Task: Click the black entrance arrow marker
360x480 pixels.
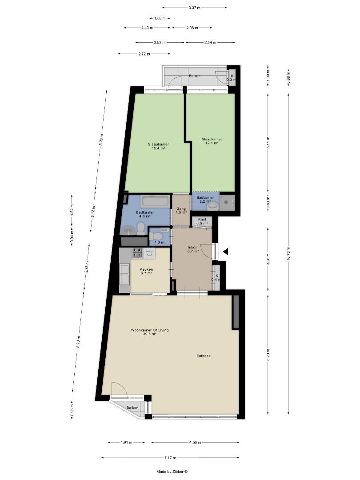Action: coord(226,252)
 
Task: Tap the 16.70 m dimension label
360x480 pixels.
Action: coord(288,253)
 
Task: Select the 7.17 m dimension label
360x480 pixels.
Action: coord(170,458)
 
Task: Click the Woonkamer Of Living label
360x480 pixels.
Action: coord(150,330)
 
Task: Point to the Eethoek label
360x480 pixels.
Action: coord(203,356)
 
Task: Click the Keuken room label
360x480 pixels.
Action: coord(146,271)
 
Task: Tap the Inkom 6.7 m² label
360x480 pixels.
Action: coord(193,249)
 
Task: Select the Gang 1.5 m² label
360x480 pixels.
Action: coord(181,211)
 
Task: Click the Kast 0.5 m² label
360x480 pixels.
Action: coord(202,221)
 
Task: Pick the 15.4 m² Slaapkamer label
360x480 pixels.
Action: coord(159,146)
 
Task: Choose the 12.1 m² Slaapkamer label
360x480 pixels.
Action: coord(212,141)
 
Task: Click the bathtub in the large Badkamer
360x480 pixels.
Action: coord(155,201)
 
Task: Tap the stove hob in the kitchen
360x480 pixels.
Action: coord(137,252)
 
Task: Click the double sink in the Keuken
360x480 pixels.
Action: coord(125,274)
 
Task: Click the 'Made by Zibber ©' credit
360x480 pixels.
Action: coord(172,472)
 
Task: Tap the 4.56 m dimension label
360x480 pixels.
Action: coord(195,442)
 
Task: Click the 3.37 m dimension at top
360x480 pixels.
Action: coord(194,8)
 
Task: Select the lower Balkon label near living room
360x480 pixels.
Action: coord(132,408)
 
